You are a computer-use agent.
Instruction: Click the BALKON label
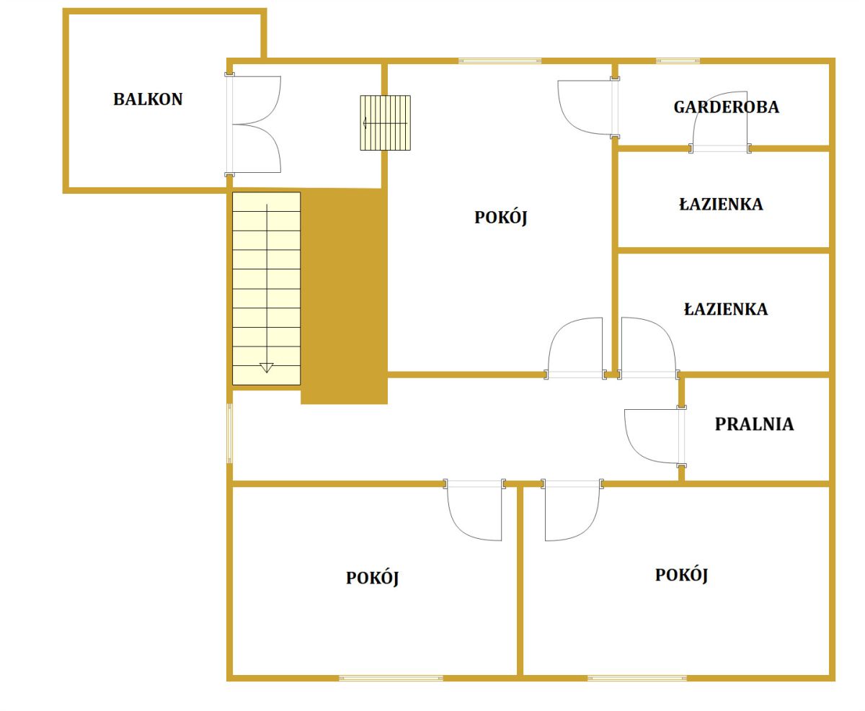148,99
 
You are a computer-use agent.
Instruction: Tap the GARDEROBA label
726,107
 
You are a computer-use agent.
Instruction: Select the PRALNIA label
754,424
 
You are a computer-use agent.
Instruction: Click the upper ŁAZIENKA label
721,204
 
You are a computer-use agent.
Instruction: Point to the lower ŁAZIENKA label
726,308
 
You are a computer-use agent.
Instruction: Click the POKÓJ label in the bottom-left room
373,578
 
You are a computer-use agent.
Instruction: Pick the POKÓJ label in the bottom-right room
681,575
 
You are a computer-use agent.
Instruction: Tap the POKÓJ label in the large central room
501,218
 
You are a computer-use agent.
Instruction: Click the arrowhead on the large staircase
267,367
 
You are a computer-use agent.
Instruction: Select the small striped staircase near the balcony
385,123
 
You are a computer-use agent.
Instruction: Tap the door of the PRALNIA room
655,437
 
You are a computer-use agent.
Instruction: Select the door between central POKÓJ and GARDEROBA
588,108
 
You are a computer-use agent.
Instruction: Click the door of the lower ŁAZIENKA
648,349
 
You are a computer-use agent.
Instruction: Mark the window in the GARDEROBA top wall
678,61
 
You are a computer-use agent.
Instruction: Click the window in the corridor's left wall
230,434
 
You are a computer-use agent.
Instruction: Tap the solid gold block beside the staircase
344,296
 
